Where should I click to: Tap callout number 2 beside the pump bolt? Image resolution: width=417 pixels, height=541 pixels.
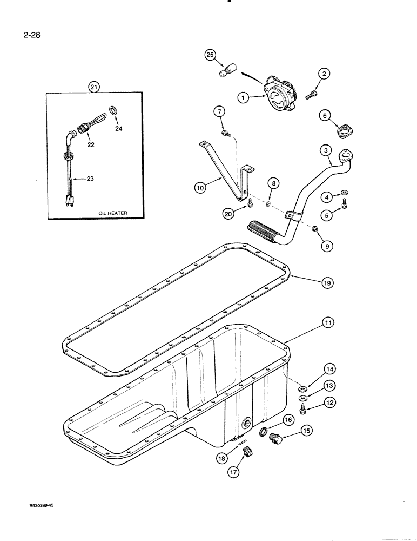pyautogui.click(x=324, y=74)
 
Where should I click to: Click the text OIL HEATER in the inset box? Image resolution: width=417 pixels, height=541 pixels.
pyautogui.click(x=113, y=213)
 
